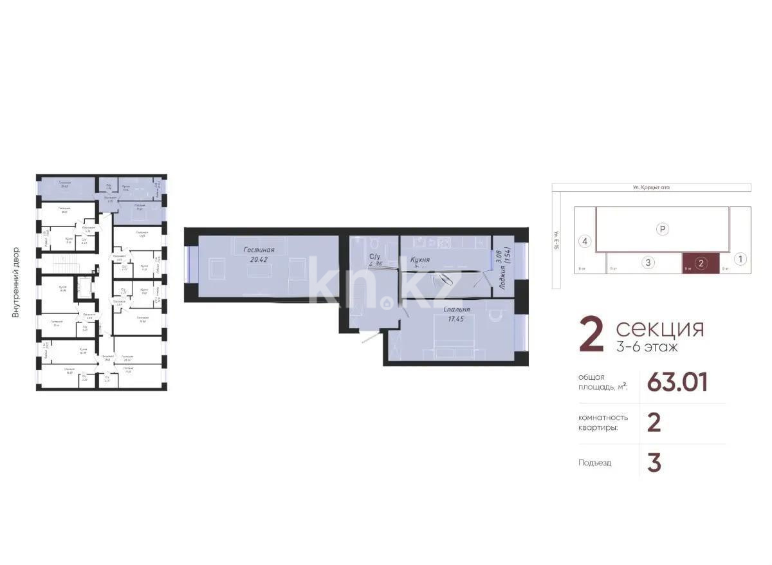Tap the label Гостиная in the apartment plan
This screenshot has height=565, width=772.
[259, 250]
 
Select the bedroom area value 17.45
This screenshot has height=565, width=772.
[457, 320]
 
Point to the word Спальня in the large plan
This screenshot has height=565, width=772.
[457, 310]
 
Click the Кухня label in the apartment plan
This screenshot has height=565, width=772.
[420, 260]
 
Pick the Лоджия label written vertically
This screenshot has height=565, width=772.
[501, 279]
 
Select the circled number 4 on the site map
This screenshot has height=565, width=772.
[584, 242]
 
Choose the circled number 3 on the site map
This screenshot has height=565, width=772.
[648, 262]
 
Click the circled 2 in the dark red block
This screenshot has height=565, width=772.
[701, 262]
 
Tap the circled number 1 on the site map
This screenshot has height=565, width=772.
[740, 259]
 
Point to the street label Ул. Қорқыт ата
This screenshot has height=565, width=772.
[651, 188]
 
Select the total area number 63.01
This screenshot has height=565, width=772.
[677, 382]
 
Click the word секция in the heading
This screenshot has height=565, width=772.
[659, 329]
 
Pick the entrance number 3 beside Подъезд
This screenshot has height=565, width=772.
[654, 463]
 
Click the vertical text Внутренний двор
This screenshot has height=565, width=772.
[15, 282]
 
